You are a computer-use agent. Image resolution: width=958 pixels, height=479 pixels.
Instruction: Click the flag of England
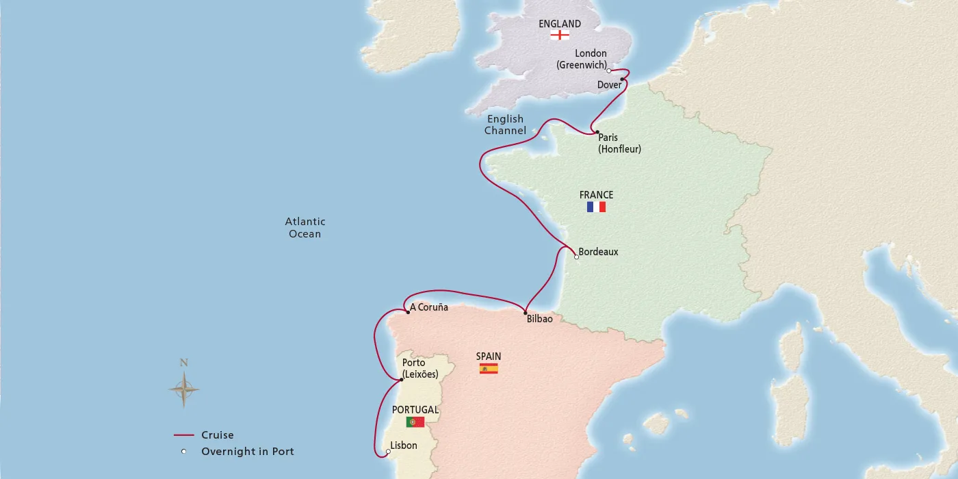[560, 35]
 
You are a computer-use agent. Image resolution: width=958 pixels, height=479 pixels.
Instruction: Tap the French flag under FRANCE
[596, 207]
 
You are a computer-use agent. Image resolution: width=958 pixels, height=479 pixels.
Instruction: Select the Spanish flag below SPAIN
[489, 369]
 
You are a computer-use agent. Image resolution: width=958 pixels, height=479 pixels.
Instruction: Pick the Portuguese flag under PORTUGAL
[415, 422]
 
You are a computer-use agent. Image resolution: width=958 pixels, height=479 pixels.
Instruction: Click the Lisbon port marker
[388, 451]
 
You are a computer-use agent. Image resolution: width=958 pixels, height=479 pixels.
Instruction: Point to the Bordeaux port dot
[576, 257]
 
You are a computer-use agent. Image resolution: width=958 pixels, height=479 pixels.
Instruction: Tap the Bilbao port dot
[526, 313]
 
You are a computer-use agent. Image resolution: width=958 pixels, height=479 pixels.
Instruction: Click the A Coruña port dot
[409, 312]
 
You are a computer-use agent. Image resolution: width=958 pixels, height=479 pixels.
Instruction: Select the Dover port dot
[622, 79]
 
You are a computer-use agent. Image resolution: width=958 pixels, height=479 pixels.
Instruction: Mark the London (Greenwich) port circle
[609, 70]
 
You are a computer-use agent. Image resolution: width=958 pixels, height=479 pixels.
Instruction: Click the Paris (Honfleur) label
[619, 143]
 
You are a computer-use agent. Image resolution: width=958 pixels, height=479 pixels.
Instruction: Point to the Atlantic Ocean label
[305, 227]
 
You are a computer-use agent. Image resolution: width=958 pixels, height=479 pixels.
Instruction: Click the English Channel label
[506, 125]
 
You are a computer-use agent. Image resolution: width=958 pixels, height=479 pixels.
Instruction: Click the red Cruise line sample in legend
[184, 435]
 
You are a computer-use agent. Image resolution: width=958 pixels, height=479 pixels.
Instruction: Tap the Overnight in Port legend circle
[184, 452]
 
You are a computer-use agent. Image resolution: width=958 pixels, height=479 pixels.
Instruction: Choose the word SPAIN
[489, 357]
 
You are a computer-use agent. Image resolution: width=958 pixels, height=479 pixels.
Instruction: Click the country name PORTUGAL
[415, 410]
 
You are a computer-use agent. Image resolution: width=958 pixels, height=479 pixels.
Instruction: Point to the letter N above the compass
[183, 363]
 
